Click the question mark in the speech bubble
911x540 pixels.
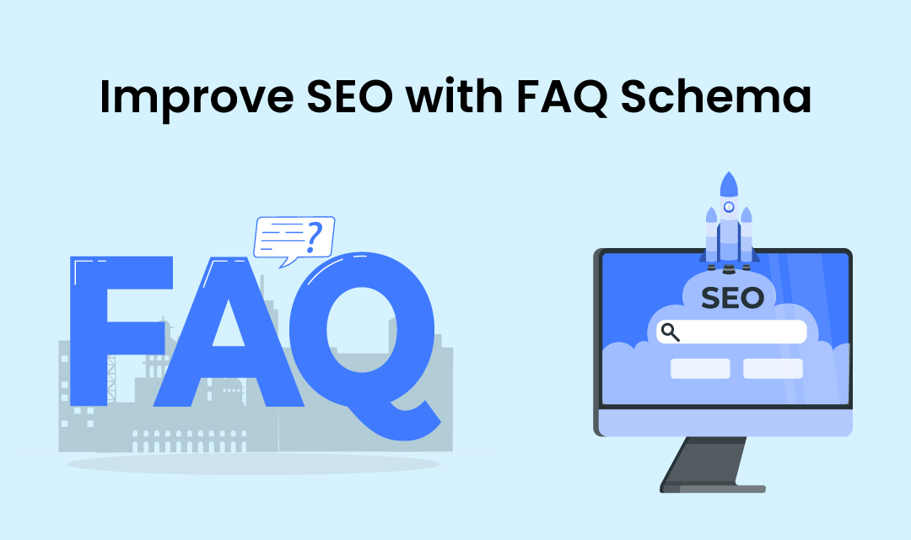click(x=314, y=238)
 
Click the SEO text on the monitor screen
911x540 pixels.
click(x=732, y=298)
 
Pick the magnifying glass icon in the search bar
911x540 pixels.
click(x=671, y=332)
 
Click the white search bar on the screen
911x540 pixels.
click(x=742, y=332)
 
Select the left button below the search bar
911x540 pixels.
click(x=700, y=369)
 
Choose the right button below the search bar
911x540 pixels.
click(x=773, y=369)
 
